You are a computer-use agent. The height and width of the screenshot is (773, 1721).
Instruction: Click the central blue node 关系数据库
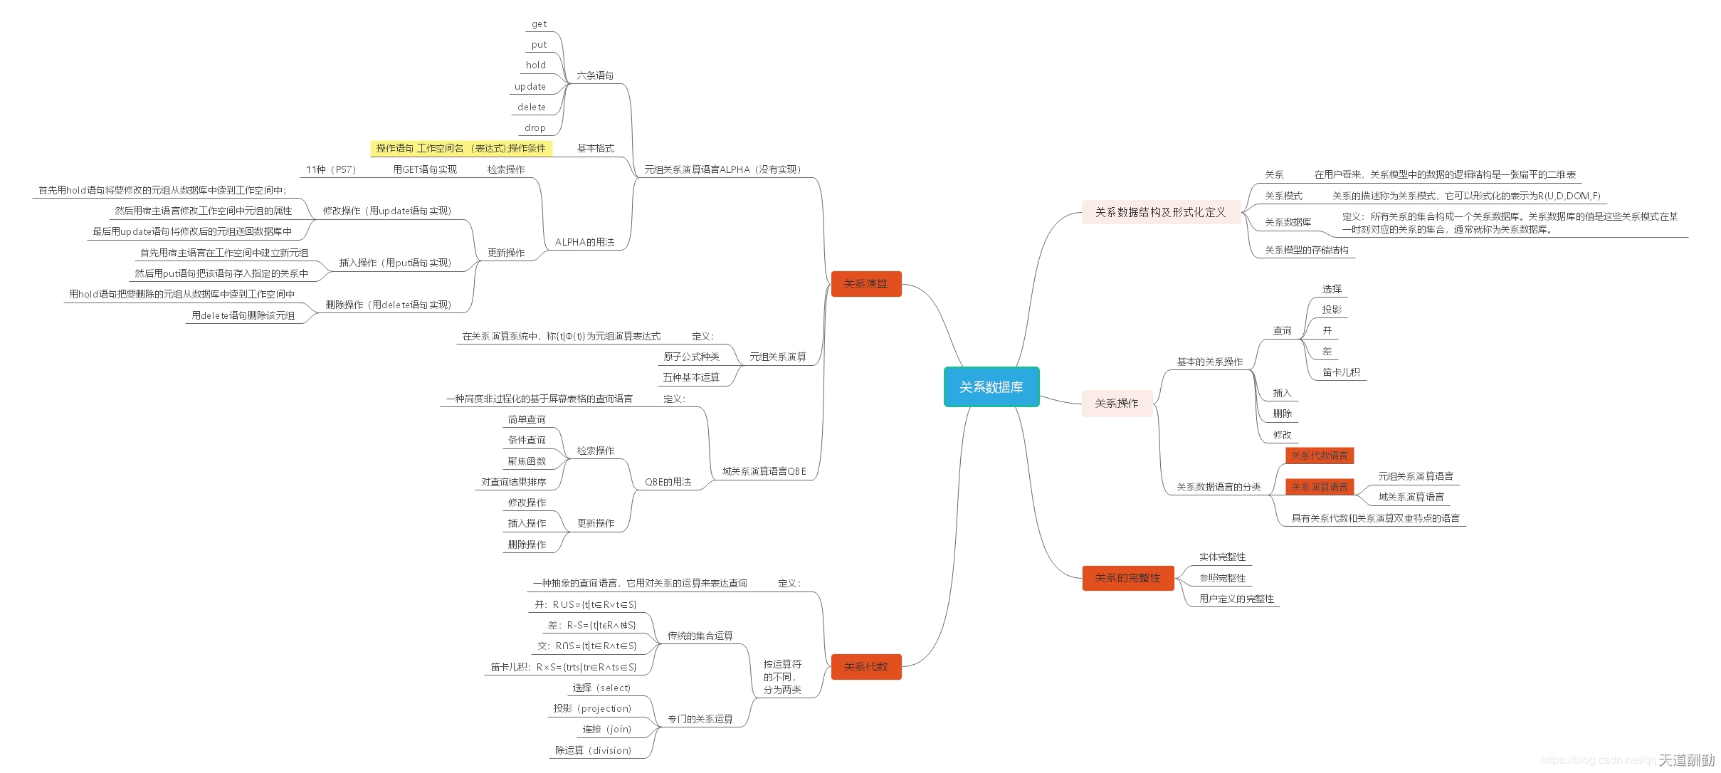(x=991, y=386)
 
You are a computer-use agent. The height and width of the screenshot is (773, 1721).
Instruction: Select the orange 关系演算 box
(x=865, y=284)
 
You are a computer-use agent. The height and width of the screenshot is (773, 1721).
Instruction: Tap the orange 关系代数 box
(x=865, y=667)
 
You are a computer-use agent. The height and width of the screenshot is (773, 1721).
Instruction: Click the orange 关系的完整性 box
(x=1127, y=578)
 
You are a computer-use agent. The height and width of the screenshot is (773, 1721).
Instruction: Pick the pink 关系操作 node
(x=1116, y=404)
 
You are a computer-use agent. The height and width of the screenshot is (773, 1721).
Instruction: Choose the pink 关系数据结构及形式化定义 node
(x=1160, y=212)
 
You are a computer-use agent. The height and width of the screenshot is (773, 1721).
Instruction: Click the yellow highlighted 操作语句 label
(x=460, y=148)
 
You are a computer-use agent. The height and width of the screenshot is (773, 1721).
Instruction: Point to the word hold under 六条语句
(x=536, y=65)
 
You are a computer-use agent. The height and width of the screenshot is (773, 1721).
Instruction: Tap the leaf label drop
(x=535, y=128)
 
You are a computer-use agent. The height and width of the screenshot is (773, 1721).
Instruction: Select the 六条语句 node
(x=595, y=75)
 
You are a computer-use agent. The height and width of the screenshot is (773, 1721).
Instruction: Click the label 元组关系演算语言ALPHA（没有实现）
(x=722, y=169)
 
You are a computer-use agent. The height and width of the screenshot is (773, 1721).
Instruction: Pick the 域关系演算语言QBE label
(x=764, y=471)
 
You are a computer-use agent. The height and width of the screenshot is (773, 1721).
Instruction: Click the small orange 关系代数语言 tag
(x=1319, y=456)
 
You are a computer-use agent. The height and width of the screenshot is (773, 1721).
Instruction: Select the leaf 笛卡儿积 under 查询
(x=1341, y=372)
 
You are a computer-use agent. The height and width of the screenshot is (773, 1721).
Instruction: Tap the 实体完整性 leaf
(x=1222, y=557)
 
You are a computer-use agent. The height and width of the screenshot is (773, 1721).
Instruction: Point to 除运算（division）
(x=593, y=750)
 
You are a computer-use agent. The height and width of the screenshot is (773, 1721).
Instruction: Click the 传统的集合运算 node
(x=700, y=636)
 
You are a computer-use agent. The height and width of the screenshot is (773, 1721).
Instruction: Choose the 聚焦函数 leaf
(x=527, y=461)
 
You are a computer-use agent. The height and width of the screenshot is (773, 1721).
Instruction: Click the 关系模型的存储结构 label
(x=1306, y=250)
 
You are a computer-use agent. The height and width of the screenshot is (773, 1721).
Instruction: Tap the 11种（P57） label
(x=330, y=169)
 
